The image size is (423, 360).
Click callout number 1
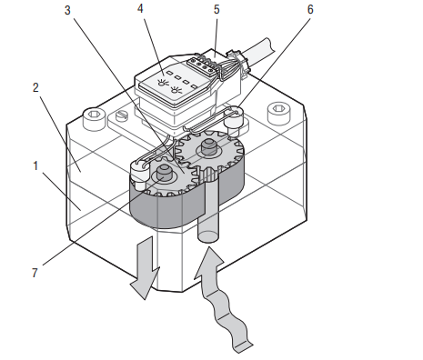pyautogui.click(x=35, y=165)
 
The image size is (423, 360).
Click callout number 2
pyautogui.click(x=35, y=87)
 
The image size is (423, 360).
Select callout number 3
pyautogui.click(x=67, y=10)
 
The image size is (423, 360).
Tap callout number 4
pyautogui.click(x=140, y=8)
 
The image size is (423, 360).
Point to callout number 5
pyautogui.click(x=217, y=9)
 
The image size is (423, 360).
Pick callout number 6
pyautogui.click(x=310, y=9)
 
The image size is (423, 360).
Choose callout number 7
pyautogui.click(x=35, y=273)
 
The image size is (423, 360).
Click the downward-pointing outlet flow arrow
pyautogui.click(x=145, y=268)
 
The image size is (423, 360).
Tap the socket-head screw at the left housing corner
pyautogui.click(x=95, y=119)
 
